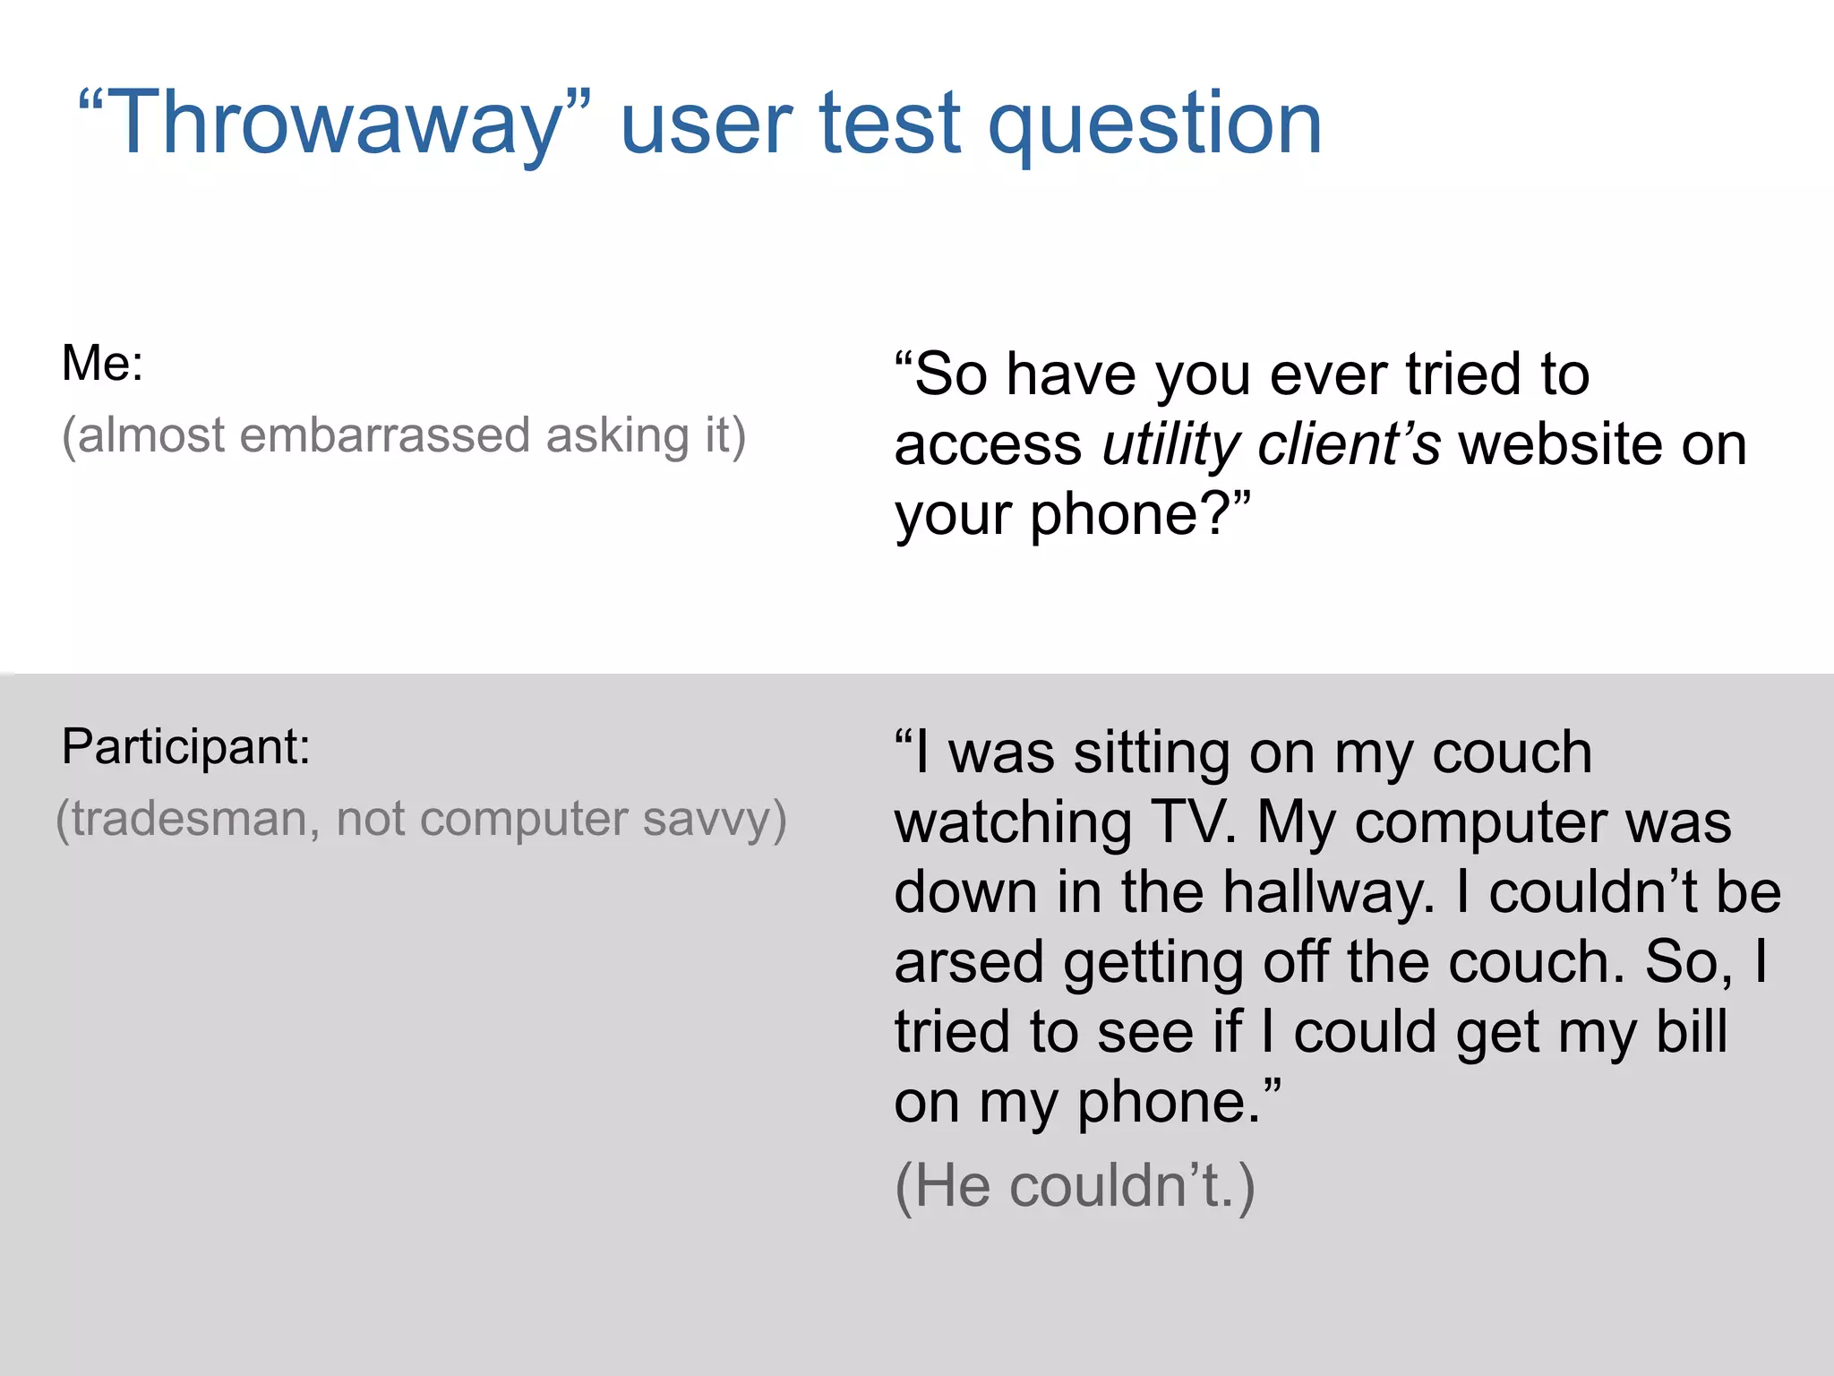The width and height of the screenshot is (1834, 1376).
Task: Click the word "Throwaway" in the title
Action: pyautogui.click(x=336, y=125)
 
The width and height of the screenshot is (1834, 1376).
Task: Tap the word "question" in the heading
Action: pyautogui.click(x=1154, y=125)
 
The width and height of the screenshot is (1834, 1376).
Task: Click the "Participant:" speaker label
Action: pyautogui.click(x=185, y=747)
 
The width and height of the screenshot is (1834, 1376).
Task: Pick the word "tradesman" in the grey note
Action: pyautogui.click(x=187, y=819)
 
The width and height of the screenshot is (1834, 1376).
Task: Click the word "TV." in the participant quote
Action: pyautogui.click(x=1195, y=822)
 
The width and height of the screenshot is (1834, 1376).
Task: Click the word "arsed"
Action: pyautogui.click(x=969, y=962)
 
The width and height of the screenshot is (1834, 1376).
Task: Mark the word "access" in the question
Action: pyautogui.click(x=988, y=444)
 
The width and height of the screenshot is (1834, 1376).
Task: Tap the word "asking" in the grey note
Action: pyautogui.click(x=617, y=436)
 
